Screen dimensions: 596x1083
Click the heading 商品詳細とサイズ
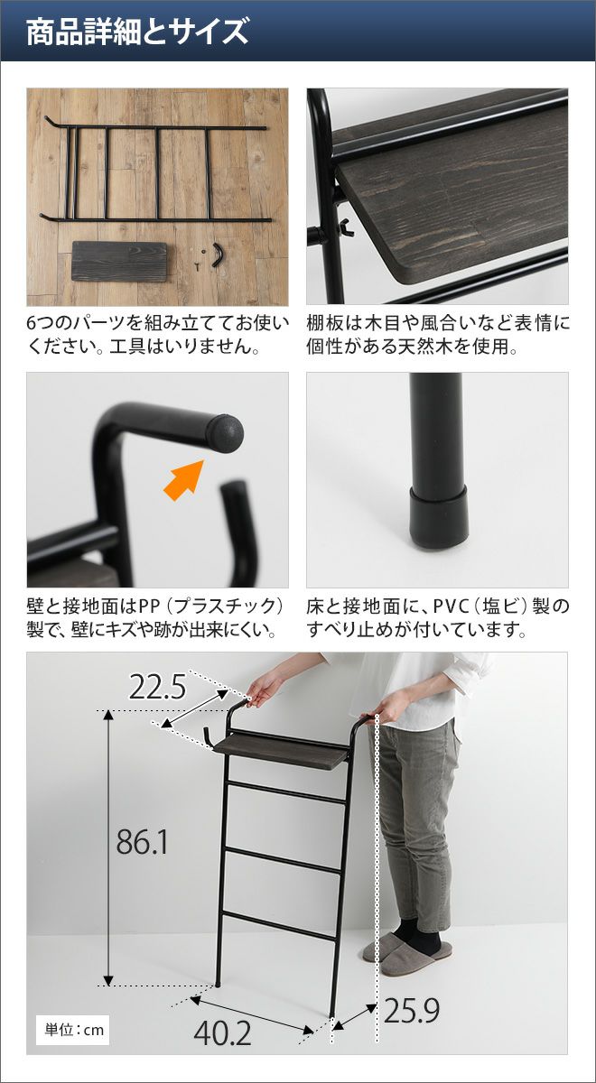tap(137, 32)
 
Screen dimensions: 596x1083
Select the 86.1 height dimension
tap(142, 842)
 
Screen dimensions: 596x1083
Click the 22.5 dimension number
tap(157, 687)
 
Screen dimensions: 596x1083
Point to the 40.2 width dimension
tap(222, 1033)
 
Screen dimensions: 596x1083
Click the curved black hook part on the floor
tap(218, 255)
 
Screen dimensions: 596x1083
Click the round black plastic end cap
tap(226, 433)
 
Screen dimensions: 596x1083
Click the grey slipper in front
tap(414, 955)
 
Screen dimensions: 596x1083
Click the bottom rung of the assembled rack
tap(279, 926)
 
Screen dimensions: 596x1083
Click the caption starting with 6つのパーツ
tap(158, 335)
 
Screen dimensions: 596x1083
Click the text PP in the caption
tap(148, 606)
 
